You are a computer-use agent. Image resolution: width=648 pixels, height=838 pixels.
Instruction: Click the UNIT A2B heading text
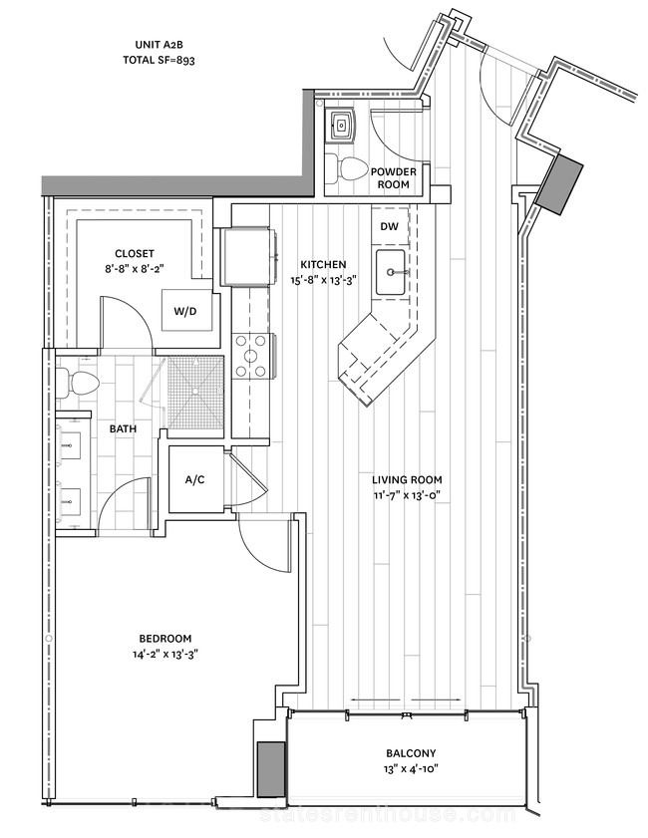point(159,45)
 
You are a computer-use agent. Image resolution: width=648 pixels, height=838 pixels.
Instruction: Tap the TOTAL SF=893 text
point(159,60)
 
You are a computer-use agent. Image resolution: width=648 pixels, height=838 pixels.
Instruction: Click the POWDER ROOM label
point(394,178)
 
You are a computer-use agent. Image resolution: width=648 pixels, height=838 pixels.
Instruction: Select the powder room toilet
point(345,168)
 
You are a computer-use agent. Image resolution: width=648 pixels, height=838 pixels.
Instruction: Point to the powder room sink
point(341,126)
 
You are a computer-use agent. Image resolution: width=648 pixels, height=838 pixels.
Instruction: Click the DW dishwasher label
point(389,226)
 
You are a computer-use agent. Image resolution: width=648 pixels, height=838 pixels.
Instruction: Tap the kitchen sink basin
point(391,272)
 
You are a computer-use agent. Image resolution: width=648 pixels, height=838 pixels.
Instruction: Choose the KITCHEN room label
point(323,264)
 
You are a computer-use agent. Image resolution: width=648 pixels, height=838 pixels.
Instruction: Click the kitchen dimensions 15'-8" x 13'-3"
point(323,279)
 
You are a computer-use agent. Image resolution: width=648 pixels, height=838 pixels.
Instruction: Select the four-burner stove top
point(250,356)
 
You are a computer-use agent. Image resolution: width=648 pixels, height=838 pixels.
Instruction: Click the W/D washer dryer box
point(185,311)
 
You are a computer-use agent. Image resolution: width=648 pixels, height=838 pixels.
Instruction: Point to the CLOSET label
point(135,254)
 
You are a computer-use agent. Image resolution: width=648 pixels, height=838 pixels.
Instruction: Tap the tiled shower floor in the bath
point(196,393)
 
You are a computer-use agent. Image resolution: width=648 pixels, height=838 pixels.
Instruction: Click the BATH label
point(123,428)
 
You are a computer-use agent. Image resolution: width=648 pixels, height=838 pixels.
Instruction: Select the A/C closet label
point(194,480)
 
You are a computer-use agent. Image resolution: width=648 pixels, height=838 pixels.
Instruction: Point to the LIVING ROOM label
point(407,480)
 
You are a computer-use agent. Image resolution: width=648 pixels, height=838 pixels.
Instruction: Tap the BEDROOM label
point(165,638)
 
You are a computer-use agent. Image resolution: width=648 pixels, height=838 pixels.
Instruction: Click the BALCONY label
point(411,753)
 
